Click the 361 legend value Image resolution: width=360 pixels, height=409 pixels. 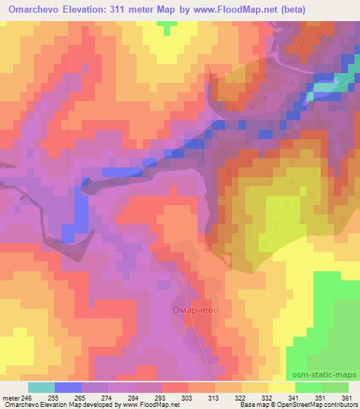[x=347, y=396]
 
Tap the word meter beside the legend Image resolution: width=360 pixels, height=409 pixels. [x=10, y=396]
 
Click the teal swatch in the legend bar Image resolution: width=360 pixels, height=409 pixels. [x=41, y=387]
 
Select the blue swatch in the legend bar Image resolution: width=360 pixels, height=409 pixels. [x=68, y=387]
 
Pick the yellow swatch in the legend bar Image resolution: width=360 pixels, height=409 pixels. [x=282, y=387]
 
